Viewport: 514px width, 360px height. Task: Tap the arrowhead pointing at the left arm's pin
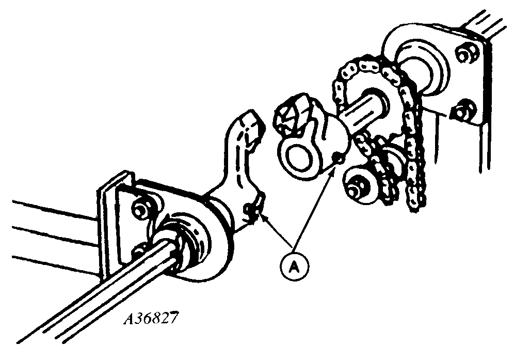point(265,220)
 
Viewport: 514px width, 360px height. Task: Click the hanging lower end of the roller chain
point(415,204)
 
